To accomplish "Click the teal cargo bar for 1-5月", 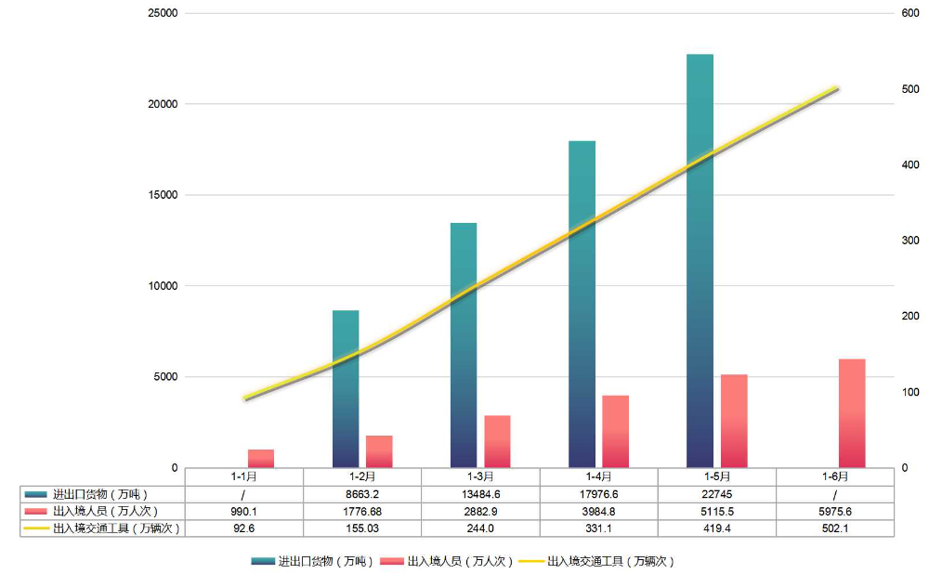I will coord(700,260).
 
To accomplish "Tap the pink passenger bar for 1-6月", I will coord(852,412).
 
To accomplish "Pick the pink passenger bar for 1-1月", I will coord(261,458).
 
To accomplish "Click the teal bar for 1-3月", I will coord(464,345).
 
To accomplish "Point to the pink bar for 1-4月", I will coord(615,431).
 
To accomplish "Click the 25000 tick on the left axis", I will coord(164,14).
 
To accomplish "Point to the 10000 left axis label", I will coord(164,286).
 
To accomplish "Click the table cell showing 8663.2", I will coord(362,494).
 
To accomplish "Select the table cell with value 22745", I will coord(716,494).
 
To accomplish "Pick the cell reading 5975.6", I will coord(834,511).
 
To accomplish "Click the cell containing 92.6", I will coord(244,528).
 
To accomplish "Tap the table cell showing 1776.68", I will coord(362,511).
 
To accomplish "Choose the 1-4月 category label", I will coord(598,476).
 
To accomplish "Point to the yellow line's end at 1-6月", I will coord(837,88).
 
